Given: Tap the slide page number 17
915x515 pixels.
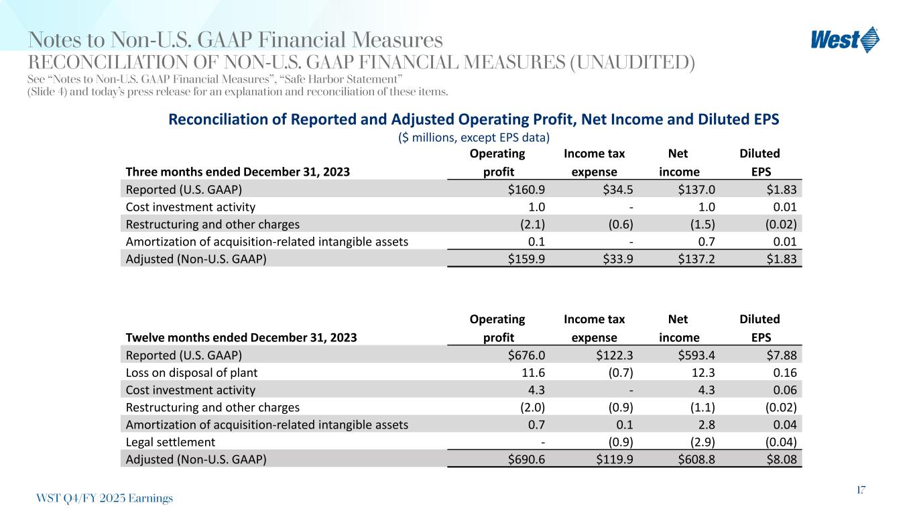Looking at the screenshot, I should [x=860, y=490].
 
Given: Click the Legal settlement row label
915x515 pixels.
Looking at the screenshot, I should [x=170, y=443].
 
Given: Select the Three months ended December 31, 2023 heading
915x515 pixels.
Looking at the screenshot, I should [x=237, y=171].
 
